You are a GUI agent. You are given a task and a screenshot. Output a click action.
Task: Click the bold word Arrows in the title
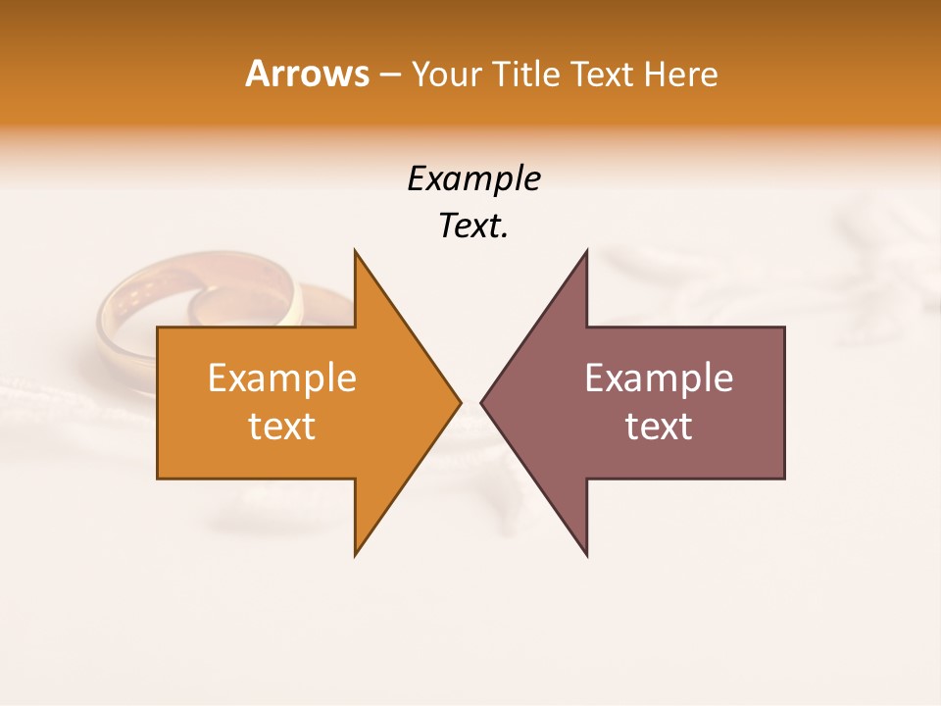coord(307,74)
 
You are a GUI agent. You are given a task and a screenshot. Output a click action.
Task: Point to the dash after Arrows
coord(389,76)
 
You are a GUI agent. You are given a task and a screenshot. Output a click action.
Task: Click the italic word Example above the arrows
coord(474,179)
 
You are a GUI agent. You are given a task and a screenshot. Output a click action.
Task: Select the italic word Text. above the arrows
coord(471,227)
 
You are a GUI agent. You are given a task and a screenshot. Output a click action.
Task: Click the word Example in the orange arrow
coord(282,378)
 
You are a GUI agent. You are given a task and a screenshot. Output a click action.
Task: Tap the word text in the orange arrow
coord(282,427)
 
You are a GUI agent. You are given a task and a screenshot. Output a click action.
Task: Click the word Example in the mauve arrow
coord(659,378)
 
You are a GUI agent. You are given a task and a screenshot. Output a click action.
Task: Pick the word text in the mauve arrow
coord(659,427)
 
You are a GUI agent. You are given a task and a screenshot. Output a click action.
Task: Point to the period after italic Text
coord(506,235)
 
